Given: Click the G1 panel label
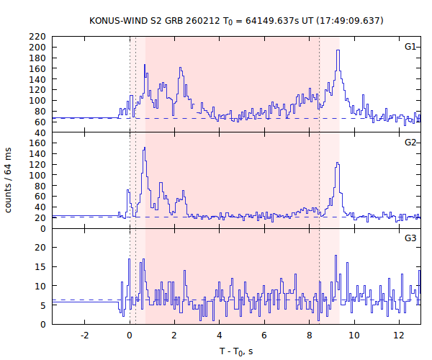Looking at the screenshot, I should [410, 47].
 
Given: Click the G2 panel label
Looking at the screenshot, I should [410, 142].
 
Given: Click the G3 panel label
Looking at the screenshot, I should [410, 238].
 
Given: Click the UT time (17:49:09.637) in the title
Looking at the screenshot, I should [348, 20].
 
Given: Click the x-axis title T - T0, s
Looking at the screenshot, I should [236, 351].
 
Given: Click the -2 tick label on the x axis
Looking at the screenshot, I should [84, 335].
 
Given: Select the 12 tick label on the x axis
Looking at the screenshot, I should [399, 335].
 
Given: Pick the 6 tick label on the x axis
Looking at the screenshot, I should [264, 335].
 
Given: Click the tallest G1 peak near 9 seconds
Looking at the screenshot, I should [338, 71].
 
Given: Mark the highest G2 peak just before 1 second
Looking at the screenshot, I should [145, 148].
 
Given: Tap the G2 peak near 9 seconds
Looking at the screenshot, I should [337, 165].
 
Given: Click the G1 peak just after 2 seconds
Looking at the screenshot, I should [181, 68].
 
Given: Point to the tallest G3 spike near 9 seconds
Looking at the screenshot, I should [336, 256].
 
